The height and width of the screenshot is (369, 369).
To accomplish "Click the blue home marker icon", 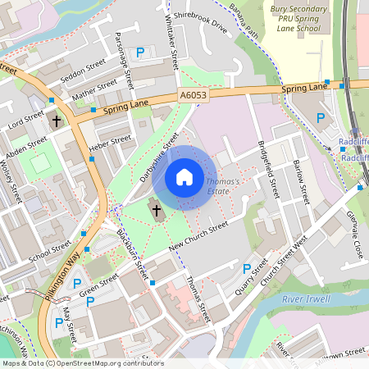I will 184,177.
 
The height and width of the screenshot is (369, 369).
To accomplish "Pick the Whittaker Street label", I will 171,43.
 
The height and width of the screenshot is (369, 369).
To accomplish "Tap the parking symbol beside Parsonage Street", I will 140,52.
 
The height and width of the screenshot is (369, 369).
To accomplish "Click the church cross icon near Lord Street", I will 56,121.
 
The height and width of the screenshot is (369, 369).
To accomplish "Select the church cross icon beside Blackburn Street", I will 156,211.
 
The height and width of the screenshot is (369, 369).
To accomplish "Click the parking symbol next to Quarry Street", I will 246,268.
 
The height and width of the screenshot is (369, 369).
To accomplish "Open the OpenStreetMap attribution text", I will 82,363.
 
